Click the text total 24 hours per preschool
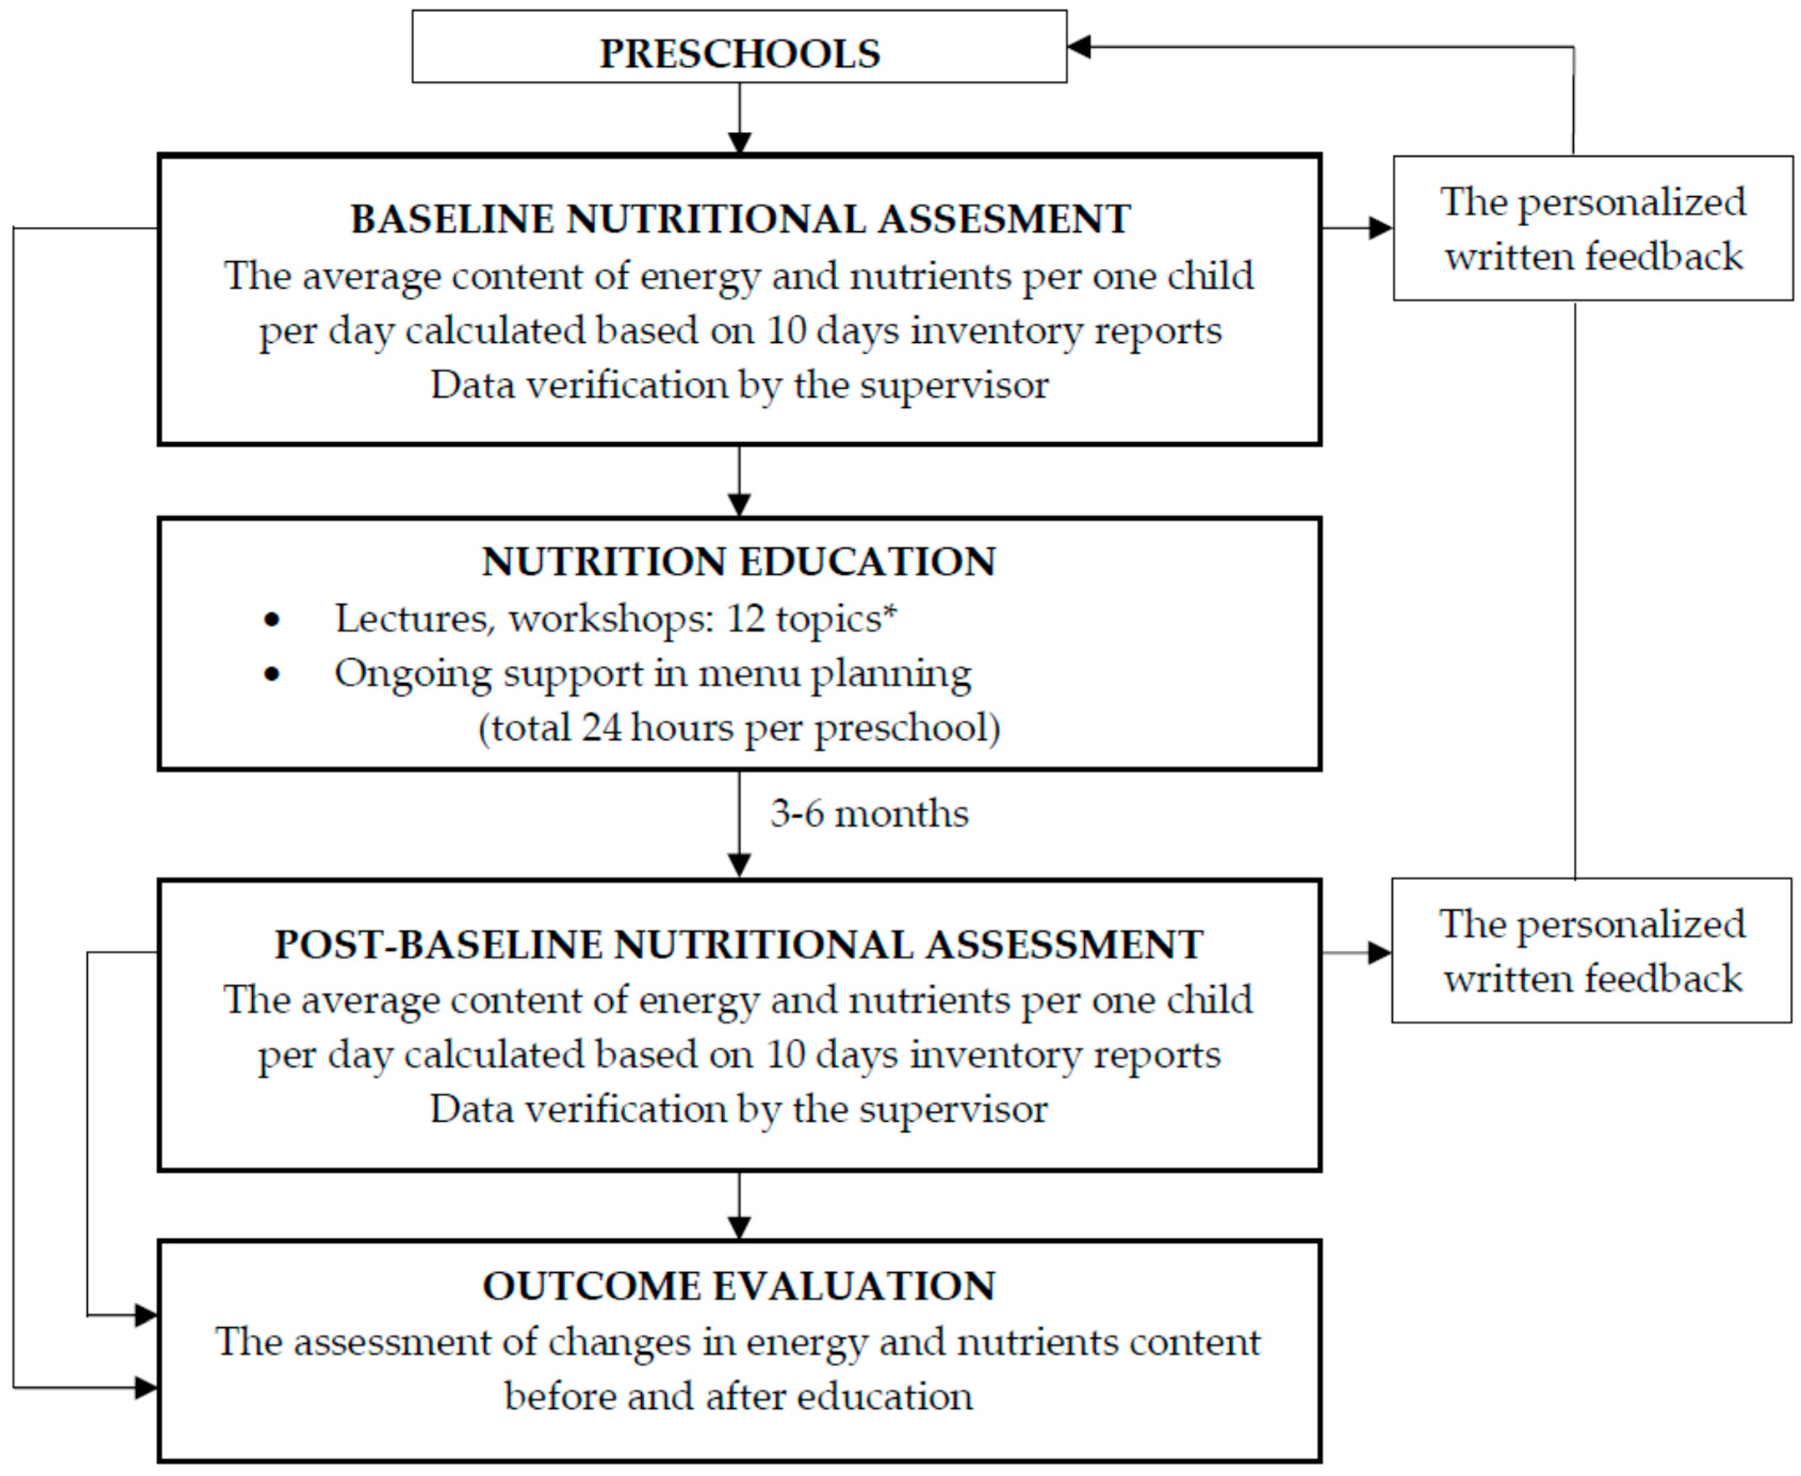[x=739, y=728]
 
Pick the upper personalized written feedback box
[x=1593, y=228]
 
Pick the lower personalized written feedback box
[x=1591, y=951]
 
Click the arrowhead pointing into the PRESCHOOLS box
[x=1079, y=47]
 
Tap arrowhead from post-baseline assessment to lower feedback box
[x=1379, y=953]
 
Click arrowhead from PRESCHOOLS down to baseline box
[x=740, y=143]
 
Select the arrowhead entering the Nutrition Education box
[x=740, y=505]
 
